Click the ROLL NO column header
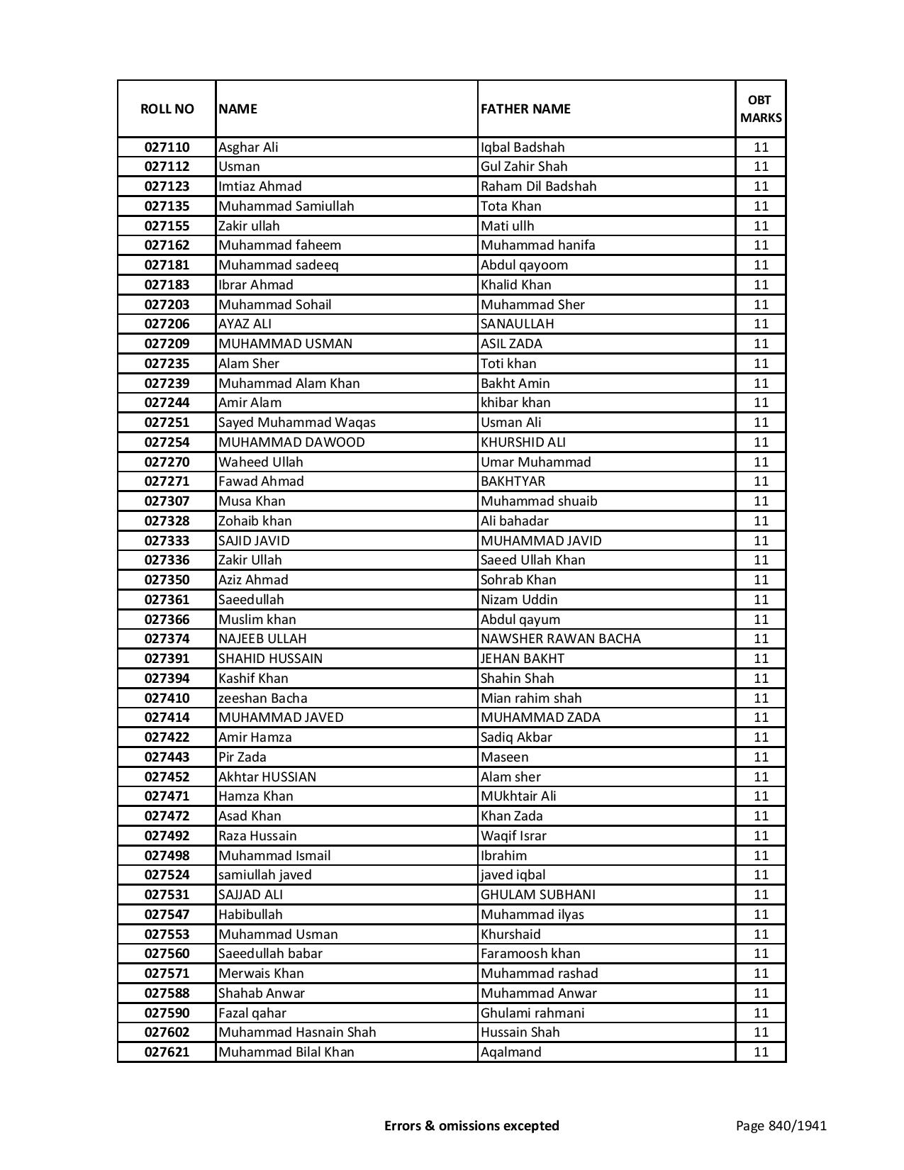click(167, 108)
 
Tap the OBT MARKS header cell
click(761, 108)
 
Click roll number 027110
click(167, 147)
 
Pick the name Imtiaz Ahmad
click(260, 186)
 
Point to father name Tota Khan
click(510, 206)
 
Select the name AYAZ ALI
click(245, 324)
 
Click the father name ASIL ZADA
click(511, 344)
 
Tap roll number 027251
click(167, 423)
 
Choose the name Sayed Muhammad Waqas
click(297, 423)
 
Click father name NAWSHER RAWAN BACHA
click(560, 639)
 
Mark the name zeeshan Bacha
click(262, 698)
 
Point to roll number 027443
click(167, 757)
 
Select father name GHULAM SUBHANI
click(538, 895)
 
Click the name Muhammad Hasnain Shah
click(297, 1032)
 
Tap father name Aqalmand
click(510, 1052)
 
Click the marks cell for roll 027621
click(761, 1052)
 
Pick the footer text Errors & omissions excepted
click(471, 1125)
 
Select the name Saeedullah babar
click(270, 954)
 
